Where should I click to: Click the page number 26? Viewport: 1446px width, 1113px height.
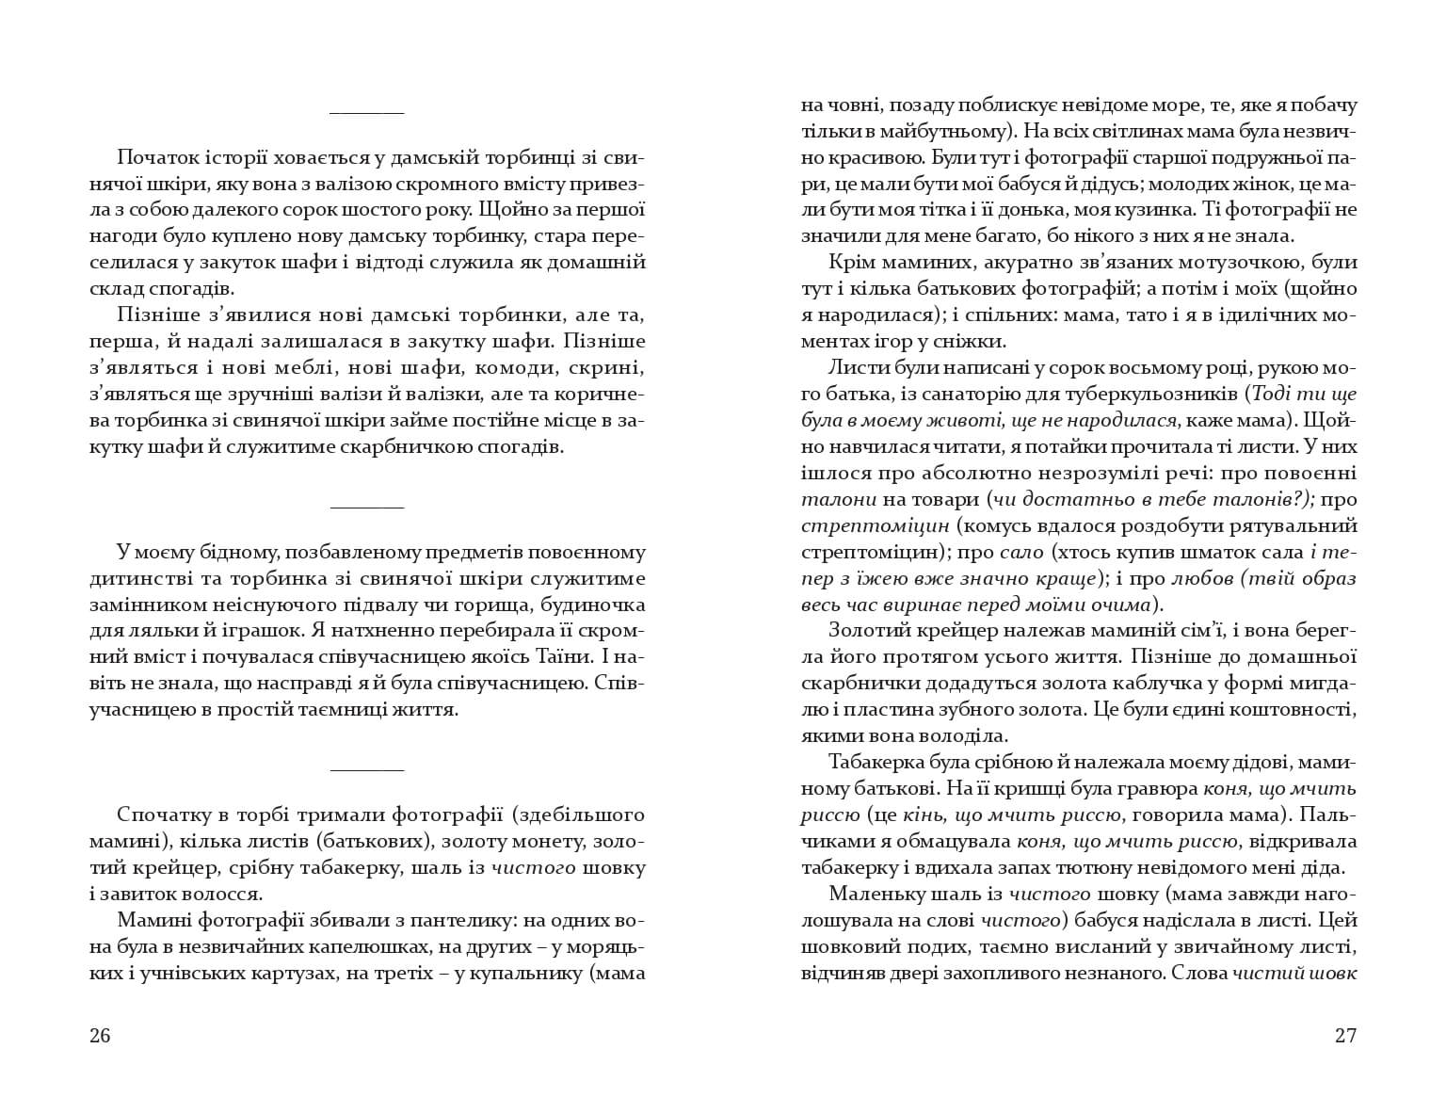pos(100,1037)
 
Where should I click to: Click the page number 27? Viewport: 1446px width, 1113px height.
pos(1345,1037)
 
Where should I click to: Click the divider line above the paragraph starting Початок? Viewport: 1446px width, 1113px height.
pos(366,114)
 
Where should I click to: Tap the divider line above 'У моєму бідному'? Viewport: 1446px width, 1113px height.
pos(366,508)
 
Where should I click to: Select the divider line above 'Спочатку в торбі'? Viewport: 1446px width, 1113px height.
pos(366,769)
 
